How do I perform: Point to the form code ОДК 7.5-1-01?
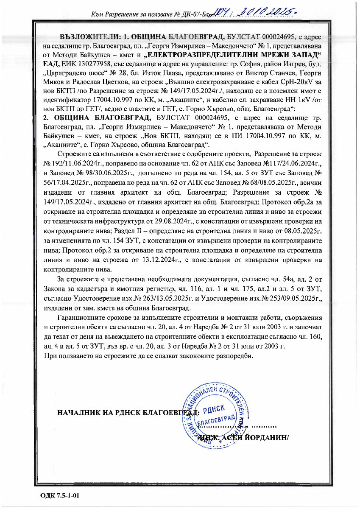[x=60, y=495]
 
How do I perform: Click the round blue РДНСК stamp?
[x=215, y=414]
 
